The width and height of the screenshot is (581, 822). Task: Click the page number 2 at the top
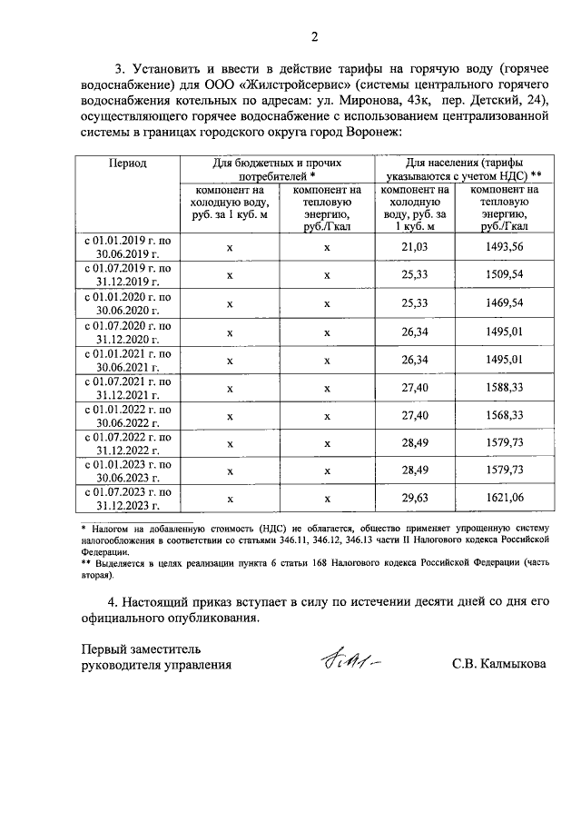tap(314, 37)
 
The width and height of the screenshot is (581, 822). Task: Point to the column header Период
tap(128, 163)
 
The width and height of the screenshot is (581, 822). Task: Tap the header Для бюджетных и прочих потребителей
tap(277, 169)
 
